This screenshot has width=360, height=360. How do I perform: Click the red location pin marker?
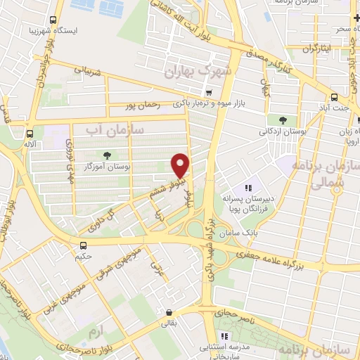(181, 165)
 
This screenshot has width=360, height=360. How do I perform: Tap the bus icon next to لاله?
(29, 134)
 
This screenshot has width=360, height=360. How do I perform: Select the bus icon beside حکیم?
(84, 245)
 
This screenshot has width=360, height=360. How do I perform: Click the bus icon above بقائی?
(168, 314)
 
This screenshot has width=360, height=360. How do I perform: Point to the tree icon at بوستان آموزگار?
(107, 155)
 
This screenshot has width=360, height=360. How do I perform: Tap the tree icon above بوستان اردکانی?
(283, 120)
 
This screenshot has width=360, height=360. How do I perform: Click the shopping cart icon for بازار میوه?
(208, 92)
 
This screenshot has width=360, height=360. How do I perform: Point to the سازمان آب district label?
(115, 129)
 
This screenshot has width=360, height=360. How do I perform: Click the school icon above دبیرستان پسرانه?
(247, 188)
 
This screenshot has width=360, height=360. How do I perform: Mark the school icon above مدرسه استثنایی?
(224, 336)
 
